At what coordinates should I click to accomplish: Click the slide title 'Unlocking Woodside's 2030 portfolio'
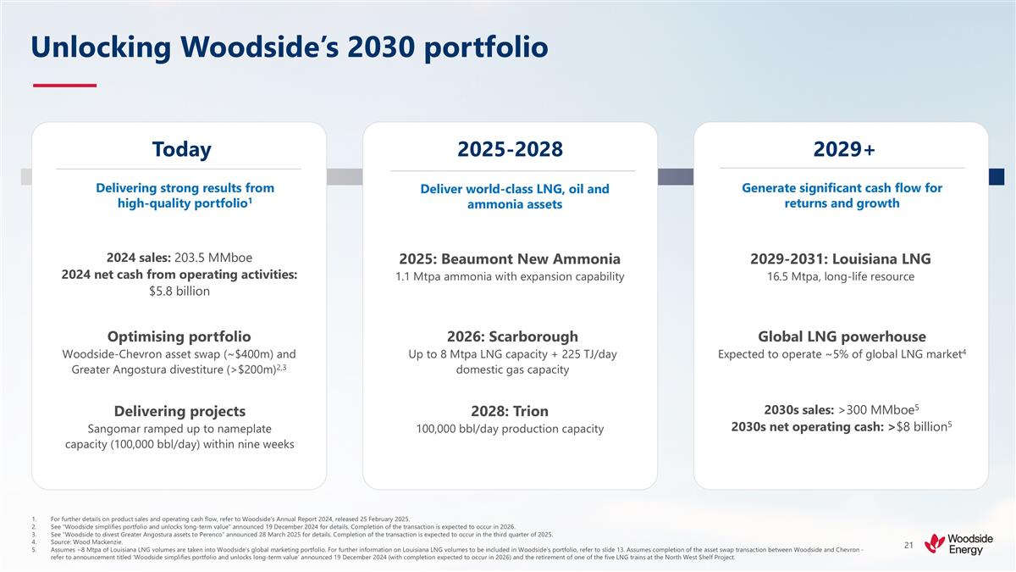click(289, 47)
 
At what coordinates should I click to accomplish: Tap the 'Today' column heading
click(181, 149)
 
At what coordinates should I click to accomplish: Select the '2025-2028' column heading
click(510, 149)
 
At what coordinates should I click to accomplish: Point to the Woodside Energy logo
click(958, 544)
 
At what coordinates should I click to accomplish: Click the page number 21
click(908, 544)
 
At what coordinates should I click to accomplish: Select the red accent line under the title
click(64, 85)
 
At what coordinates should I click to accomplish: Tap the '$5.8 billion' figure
click(179, 291)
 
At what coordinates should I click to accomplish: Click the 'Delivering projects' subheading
click(179, 411)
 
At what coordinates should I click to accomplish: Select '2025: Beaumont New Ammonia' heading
click(510, 258)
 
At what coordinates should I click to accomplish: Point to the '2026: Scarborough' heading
click(510, 336)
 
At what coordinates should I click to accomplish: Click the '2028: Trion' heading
click(510, 411)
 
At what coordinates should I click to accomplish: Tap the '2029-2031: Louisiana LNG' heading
click(842, 258)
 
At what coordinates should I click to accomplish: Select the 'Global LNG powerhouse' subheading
click(842, 336)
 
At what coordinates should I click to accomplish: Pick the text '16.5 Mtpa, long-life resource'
click(842, 277)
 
